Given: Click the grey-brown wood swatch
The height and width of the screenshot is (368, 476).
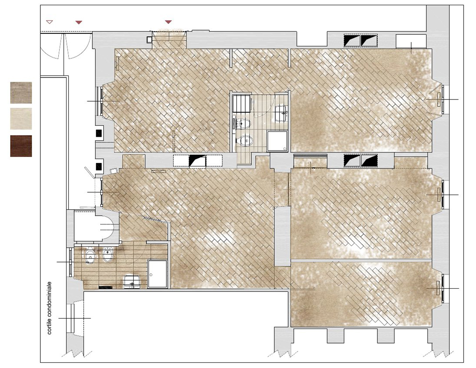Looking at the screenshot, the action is pos(21,92).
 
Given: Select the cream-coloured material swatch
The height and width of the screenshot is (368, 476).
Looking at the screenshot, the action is pos(21,119).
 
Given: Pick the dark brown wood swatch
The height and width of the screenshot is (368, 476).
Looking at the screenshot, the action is pos(21,146).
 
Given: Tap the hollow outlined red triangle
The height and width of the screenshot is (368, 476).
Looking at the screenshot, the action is pos(49,22).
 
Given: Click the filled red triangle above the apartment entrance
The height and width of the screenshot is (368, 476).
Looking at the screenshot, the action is pos(169,22).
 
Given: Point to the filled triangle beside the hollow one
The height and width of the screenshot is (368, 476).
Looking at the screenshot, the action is pos(78,22).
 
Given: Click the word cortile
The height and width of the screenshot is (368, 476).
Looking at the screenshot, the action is pos(49,327).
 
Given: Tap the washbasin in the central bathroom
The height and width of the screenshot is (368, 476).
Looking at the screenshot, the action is pos(281,113).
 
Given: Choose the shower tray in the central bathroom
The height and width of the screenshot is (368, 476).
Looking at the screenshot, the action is pos(277,141).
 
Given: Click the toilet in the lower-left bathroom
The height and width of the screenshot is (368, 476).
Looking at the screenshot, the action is pos(90,255).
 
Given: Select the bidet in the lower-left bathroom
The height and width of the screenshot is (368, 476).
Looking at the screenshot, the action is pos(108,254).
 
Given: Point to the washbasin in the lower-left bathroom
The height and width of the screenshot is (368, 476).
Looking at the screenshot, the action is pos(132,281).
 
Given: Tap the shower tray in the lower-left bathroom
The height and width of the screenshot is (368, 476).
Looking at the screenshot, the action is pos(157,274).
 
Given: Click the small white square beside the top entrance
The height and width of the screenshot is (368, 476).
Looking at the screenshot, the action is pos(149,39).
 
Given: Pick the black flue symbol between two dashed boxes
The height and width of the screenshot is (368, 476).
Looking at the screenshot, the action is pos(197,160).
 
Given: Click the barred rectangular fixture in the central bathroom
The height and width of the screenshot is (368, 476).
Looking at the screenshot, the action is pos(241,104).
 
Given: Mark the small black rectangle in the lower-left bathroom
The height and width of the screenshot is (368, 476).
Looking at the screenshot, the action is pos(106,287).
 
